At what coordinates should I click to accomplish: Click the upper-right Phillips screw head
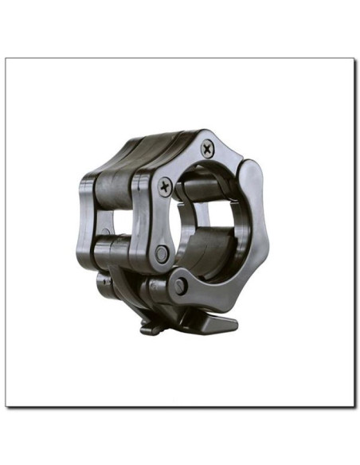pos(207,147)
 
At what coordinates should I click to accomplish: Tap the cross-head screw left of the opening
pos(164,186)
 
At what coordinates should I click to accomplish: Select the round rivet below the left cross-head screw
pos(162,252)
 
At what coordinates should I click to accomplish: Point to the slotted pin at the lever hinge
pos(182,285)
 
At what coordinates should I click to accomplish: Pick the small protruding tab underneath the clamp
pos(151,324)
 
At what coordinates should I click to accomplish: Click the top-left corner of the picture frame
pos(6,59)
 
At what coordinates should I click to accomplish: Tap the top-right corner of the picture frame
pos(353,59)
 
